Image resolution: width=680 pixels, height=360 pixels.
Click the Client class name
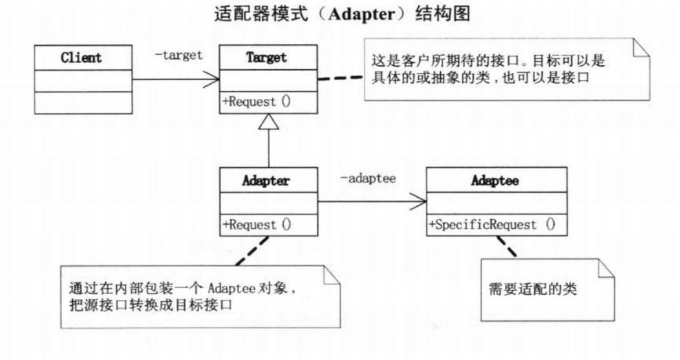tap(81, 58)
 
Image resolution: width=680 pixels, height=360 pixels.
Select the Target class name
tap(266, 58)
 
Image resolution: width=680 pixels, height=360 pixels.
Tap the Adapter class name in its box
tap(266, 181)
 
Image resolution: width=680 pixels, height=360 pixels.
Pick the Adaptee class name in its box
tap(494, 181)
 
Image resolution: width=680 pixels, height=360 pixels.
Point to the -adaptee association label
tap(368, 176)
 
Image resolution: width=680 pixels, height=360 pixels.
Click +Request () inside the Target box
tap(257, 102)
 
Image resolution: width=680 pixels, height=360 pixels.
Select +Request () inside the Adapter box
tap(257, 224)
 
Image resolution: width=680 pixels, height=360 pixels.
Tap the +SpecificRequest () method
tap(492, 225)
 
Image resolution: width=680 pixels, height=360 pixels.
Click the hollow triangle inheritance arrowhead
tap(268, 121)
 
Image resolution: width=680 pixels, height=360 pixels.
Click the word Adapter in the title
tap(361, 14)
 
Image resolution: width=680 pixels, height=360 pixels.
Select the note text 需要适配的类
tap(533, 288)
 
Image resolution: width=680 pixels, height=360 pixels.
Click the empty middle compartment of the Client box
tap(81, 80)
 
